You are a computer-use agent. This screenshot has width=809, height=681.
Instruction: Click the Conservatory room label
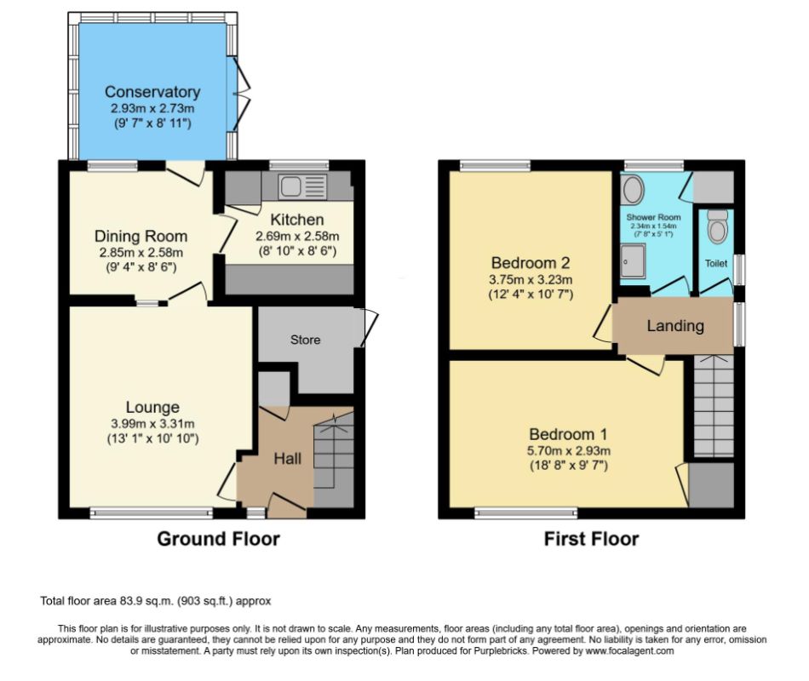coord(152,92)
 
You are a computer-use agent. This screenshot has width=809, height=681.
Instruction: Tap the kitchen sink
coord(302,186)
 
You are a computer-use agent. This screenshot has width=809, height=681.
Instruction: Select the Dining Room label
coord(141,237)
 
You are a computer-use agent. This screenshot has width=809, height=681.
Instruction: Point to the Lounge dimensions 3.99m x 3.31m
coord(152,424)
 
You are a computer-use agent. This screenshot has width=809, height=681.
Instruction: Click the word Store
coord(306,340)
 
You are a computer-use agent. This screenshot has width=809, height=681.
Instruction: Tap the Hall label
coord(287,458)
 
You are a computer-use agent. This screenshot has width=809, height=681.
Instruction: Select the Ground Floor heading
coord(218,539)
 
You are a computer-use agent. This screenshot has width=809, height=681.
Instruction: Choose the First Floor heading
coord(591,539)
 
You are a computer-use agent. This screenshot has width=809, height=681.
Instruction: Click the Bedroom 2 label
coord(531,263)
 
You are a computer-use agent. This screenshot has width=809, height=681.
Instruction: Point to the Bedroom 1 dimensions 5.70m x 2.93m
coord(569,450)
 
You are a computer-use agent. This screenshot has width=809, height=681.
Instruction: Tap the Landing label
coord(675,325)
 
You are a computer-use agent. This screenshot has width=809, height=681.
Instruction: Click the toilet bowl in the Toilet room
coord(717,227)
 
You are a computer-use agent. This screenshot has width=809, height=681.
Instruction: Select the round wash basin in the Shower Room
coord(632,190)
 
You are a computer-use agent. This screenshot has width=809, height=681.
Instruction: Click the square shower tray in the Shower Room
coord(633,261)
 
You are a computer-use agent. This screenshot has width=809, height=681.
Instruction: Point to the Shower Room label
coord(653,217)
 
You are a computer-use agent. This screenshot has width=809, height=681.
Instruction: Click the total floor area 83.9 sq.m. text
coord(155,601)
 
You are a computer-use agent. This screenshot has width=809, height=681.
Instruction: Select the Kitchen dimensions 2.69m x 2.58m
coord(297,237)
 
